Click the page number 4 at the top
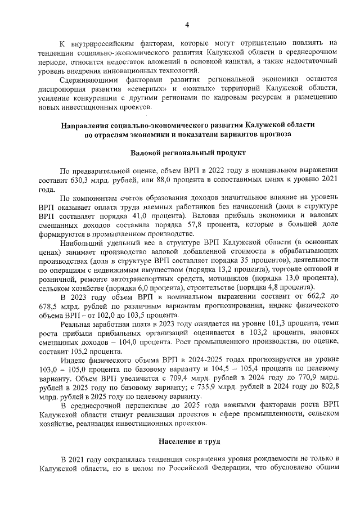tap(186, 24)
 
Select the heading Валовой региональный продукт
tap(187, 152)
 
